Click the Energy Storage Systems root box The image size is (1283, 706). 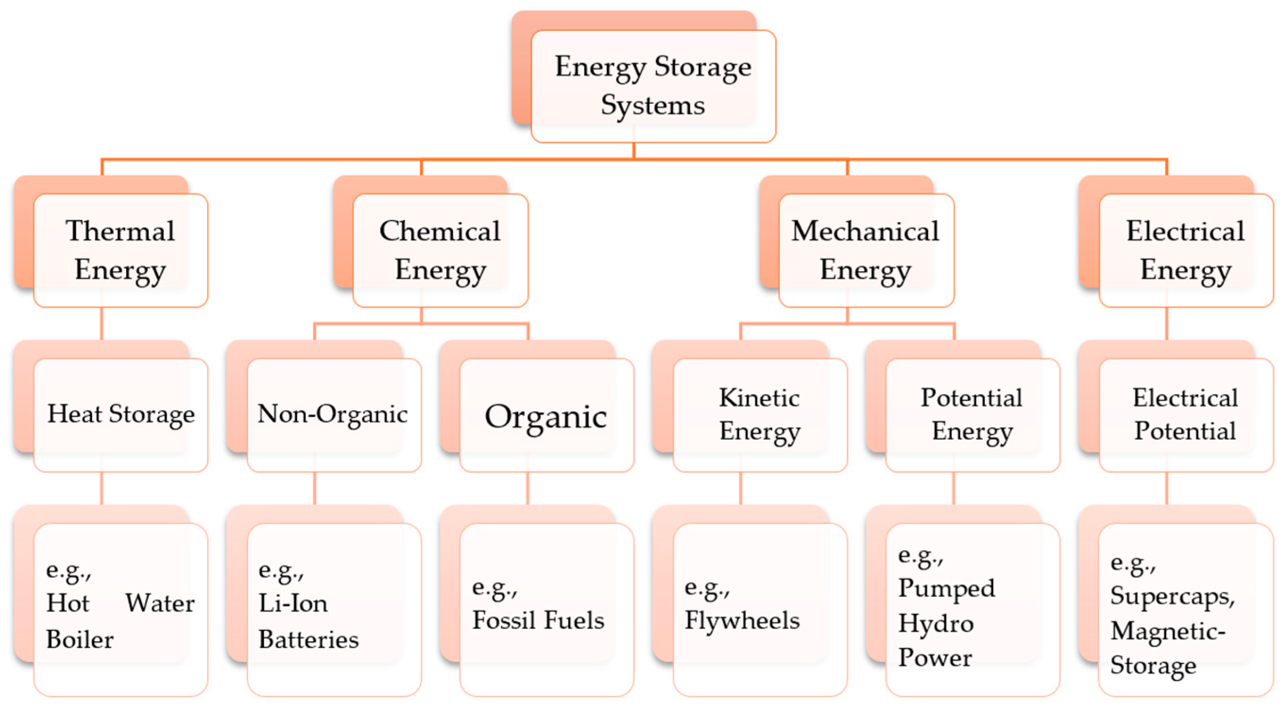[x=653, y=85]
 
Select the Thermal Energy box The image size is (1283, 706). [x=120, y=250]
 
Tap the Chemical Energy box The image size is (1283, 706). [x=440, y=250]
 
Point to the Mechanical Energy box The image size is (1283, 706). [x=866, y=250]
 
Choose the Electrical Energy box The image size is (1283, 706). [x=1185, y=250]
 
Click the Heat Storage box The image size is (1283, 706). [x=120, y=415]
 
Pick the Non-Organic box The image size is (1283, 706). [x=334, y=415]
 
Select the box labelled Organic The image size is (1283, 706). [x=546, y=416]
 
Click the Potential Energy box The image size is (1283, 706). [x=972, y=415]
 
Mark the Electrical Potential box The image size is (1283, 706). [x=1185, y=415]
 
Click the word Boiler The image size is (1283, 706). [x=80, y=639]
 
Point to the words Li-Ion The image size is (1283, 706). [x=293, y=604]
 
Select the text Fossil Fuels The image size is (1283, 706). [x=538, y=621]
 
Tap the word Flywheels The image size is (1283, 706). [x=742, y=621]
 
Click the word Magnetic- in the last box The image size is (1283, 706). [x=1167, y=632]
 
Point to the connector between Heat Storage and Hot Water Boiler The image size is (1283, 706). [x=102, y=488]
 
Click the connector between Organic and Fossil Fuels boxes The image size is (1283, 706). [x=528, y=488]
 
